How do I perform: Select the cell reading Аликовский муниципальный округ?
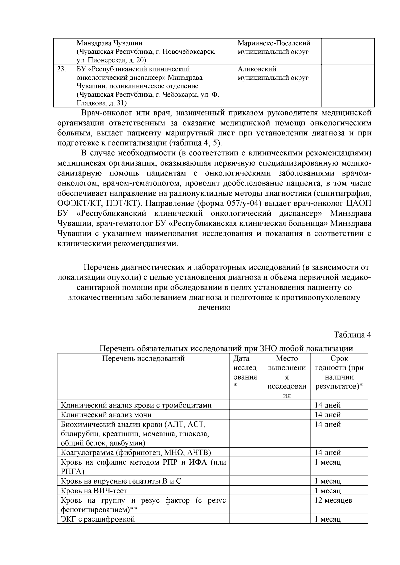click(x=273, y=74)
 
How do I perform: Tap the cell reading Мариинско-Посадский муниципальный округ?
click(x=273, y=48)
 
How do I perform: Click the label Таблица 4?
click(x=352, y=335)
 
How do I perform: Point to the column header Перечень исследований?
click(x=143, y=359)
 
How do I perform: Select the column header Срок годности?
click(x=339, y=372)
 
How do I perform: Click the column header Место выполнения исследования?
click(x=287, y=377)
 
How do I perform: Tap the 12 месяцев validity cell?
click(x=333, y=500)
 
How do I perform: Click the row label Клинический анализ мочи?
click(x=106, y=415)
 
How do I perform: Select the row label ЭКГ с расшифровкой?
click(x=98, y=519)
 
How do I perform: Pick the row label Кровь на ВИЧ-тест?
click(x=94, y=491)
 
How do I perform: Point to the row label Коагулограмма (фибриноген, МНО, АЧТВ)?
click(x=136, y=453)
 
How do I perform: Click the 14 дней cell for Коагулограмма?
click(x=328, y=453)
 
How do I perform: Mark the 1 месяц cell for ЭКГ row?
click(x=328, y=519)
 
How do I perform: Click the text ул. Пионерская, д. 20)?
click(x=112, y=60)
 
